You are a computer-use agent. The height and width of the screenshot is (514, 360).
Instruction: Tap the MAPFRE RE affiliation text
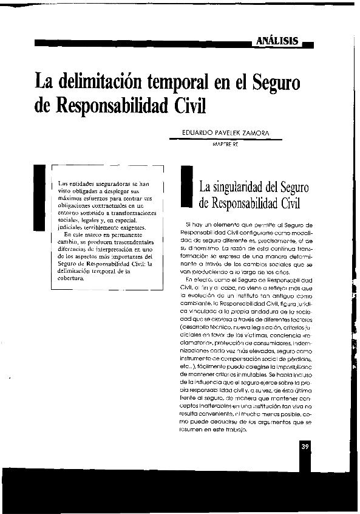point(223,145)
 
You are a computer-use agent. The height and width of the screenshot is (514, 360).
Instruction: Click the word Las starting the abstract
point(63,183)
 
